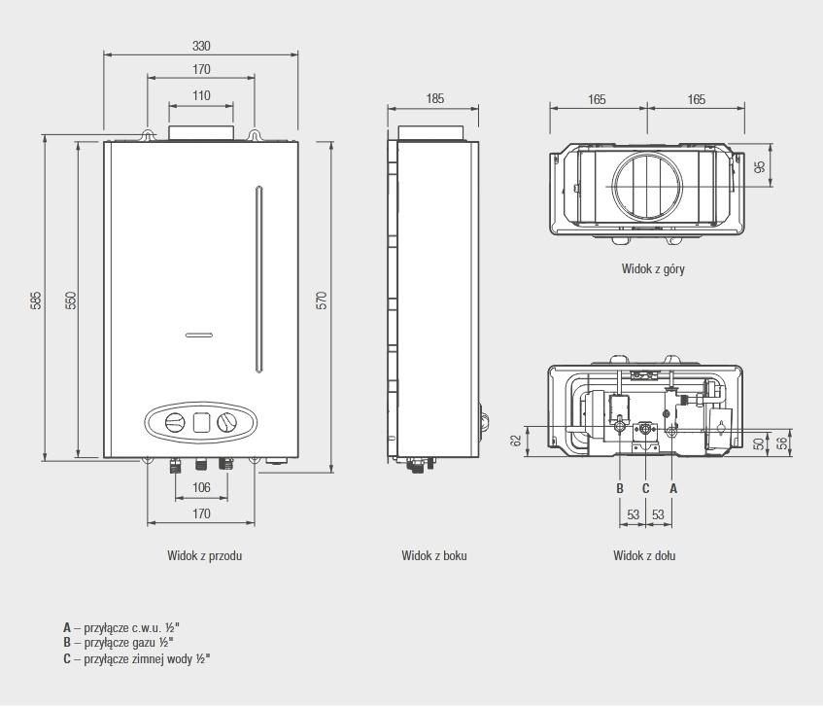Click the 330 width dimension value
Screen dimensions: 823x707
coord(201,47)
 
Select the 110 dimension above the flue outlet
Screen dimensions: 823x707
coord(201,95)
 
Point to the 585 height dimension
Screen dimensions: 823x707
coord(36,300)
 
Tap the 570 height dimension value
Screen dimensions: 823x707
coord(322,300)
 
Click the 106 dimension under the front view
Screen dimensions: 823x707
coord(201,487)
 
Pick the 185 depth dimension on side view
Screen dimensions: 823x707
coord(434,98)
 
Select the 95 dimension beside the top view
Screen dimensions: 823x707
coord(759,166)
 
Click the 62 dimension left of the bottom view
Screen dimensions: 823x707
coord(516,441)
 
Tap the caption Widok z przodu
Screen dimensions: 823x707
coord(205,555)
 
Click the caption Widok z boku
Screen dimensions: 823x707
coord(434,555)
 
